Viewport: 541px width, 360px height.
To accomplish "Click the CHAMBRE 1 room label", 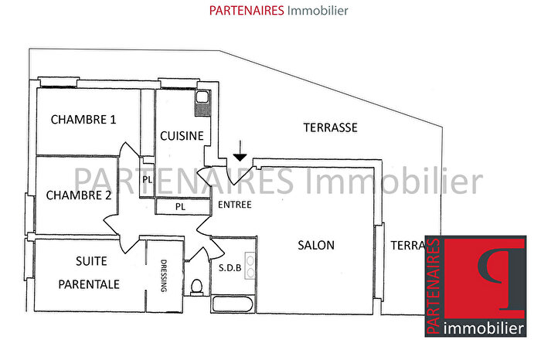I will click(x=83, y=120).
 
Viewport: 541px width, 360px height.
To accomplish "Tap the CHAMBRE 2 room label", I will click(x=79, y=195).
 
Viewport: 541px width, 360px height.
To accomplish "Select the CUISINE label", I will click(x=182, y=136).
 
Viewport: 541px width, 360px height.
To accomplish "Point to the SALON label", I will click(x=316, y=246).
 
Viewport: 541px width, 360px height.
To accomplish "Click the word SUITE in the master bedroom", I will click(x=91, y=261).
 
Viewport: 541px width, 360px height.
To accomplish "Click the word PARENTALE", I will click(x=90, y=284).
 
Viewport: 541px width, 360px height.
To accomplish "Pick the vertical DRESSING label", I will click(x=164, y=275).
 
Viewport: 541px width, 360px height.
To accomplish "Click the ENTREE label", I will click(x=234, y=205).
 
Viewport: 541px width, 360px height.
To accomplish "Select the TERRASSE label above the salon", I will click(x=330, y=128).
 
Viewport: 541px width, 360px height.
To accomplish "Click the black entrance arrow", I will click(x=240, y=155).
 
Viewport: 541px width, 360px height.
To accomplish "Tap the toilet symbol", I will click(x=196, y=287).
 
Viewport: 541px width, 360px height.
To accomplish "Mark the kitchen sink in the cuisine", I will click(x=202, y=98).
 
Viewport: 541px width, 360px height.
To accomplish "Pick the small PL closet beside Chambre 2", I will click(x=147, y=181).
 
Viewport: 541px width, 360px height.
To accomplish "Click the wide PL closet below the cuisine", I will click(x=180, y=206).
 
